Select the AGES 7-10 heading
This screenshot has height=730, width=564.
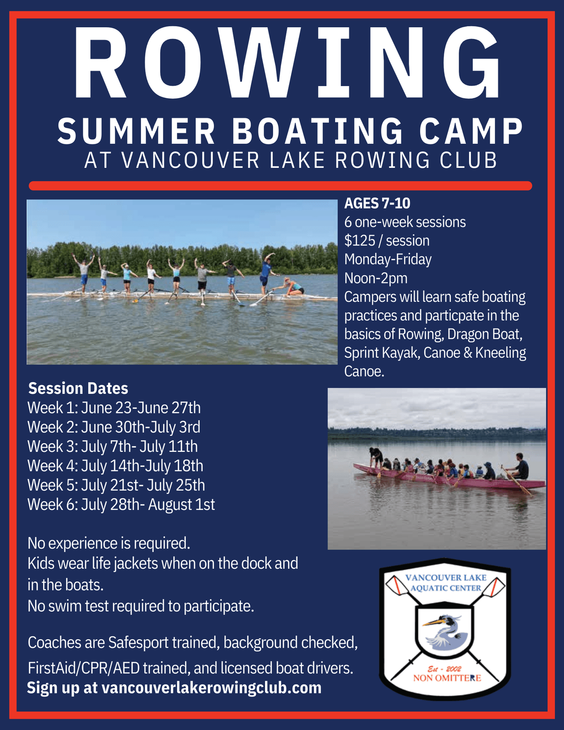(377, 203)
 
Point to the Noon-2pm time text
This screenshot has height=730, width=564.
(376, 278)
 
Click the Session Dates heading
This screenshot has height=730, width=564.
(78, 388)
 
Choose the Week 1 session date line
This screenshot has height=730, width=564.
(114, 408)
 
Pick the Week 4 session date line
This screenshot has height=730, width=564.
(115, 466)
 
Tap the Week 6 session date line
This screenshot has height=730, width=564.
(121, 504)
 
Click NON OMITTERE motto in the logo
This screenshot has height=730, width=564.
(447, 678)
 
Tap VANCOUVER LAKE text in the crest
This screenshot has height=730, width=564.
(446, 578)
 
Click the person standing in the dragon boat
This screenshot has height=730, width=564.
(376, 458)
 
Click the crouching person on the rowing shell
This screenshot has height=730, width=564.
(291, 286)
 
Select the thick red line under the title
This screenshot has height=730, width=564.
(281, 186)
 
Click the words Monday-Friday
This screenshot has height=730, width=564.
(388, 259)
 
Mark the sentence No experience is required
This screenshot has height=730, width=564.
(109, 543)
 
